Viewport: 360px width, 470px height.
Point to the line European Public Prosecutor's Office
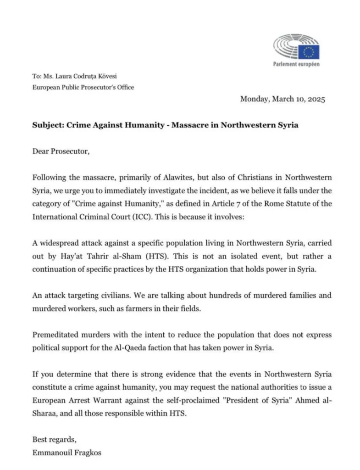[x=83, y=87]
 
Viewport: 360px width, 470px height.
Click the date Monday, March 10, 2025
[x=282, y=99]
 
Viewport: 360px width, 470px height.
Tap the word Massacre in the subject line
[x=189, y=124]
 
